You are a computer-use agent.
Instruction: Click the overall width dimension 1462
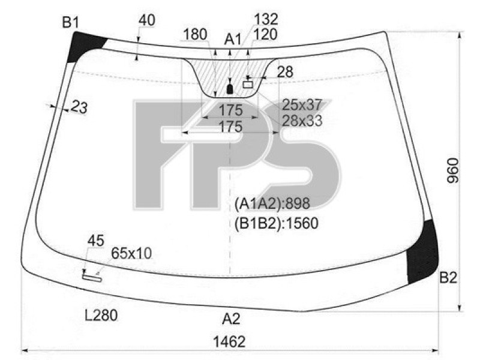229,341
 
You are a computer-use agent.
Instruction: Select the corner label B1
71,23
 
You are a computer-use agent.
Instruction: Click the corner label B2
448,277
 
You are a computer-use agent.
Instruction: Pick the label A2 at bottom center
231,318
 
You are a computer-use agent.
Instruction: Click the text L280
101,314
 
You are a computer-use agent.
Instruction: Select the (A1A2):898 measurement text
273,203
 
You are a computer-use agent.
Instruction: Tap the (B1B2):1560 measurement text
277,223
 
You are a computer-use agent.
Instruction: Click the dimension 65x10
131,253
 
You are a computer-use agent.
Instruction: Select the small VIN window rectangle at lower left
92,277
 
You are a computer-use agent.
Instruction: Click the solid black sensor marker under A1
229,89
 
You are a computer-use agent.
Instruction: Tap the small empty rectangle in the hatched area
248,85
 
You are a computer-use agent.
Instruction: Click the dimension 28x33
302,121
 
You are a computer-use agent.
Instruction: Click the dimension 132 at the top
265,19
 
